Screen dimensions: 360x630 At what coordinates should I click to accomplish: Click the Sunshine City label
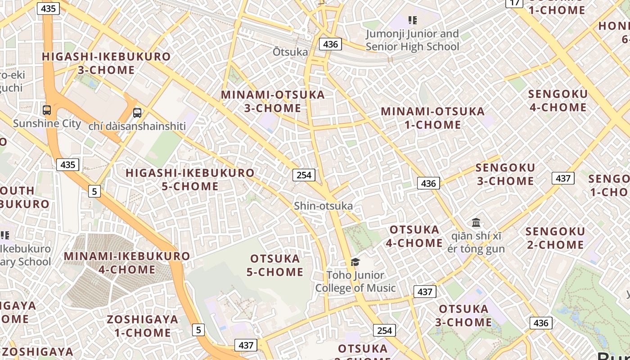click(47, 123)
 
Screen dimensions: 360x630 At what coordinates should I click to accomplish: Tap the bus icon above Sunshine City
click(46, 110)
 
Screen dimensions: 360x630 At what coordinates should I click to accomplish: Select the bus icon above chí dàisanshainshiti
click(137, 113)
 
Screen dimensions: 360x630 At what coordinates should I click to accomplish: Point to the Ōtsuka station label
click(290, 52)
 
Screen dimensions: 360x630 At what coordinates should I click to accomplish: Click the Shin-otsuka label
click(323, 206)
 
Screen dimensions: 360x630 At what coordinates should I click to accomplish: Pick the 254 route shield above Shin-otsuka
click(304, 175)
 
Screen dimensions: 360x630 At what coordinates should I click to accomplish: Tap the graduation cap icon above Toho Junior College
click(355, 262)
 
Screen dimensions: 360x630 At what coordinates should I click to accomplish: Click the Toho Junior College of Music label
click(355, 282)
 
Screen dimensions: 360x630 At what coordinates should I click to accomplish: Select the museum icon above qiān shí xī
click(476, 222)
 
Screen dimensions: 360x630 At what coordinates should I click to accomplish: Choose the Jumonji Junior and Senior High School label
click(412, 40)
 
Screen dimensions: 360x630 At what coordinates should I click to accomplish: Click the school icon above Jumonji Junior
click(412, 20)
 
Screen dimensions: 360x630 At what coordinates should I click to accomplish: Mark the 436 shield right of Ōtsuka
click(330, 44)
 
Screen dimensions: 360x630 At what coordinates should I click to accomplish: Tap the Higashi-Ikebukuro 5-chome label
click(190, 180)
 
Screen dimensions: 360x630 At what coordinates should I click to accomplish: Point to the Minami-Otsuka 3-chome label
click(273, 101)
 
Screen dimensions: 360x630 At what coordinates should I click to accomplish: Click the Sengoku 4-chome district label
click(558, 101)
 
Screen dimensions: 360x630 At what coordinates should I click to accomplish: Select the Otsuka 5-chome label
click(275, 265)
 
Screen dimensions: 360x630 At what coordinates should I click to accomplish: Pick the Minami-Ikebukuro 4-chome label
click(127, 263)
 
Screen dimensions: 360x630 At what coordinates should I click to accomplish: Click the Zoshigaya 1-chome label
click(142, 326)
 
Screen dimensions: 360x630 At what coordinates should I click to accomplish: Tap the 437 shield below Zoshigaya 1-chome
click(246, 345)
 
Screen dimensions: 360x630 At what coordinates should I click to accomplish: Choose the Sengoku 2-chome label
click(555, 238)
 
